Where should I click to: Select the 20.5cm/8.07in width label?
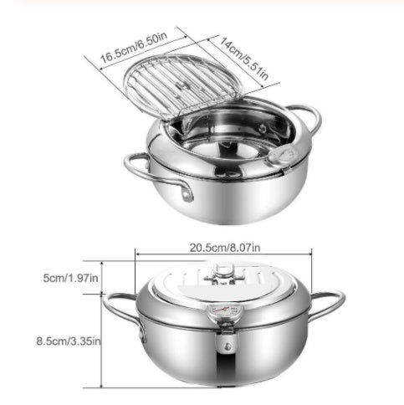[223, 248]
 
